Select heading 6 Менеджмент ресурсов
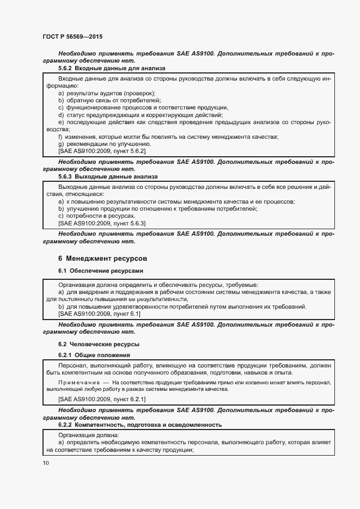(102, 258)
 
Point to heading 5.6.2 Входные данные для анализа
(112, 69)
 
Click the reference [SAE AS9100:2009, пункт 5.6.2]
(102, 151)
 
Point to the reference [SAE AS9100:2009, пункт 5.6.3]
(102, 223)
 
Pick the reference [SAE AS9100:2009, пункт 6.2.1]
(102, 399)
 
